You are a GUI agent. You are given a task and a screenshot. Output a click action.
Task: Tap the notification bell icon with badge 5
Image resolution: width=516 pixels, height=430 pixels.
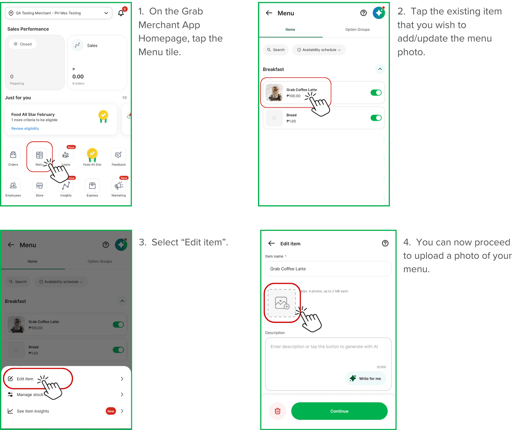tap(121, 13)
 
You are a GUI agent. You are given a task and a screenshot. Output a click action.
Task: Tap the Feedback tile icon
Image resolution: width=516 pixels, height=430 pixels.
tap(119, 155)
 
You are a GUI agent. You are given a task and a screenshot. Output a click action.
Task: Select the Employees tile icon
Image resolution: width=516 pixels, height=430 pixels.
tap(13, 185)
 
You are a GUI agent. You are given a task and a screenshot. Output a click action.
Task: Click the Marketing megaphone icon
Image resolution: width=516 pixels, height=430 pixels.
tap(119, 185)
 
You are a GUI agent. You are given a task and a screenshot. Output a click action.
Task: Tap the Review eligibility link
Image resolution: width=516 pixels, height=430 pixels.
tap(25, 128)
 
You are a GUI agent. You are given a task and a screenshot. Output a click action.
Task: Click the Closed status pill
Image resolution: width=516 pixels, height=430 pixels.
tap(23, 44)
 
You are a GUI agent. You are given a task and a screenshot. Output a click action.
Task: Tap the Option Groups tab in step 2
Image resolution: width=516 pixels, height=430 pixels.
tap(357, 30)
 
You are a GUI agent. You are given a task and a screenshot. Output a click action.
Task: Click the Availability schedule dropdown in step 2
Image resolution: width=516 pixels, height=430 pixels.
tap(319, 50)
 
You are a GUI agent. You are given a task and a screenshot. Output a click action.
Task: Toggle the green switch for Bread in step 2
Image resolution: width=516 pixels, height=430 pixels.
tap(376, 118)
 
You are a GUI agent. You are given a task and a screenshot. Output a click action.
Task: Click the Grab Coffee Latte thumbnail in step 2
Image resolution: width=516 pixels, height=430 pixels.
tap(274, 92)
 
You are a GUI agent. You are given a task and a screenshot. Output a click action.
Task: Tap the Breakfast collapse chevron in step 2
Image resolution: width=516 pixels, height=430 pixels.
tap(380, 69)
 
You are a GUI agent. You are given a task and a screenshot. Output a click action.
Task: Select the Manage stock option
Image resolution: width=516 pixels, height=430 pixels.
tap(30, 395)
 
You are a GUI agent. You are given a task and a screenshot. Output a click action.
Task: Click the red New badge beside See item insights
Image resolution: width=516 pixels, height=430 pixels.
tap(111, 411)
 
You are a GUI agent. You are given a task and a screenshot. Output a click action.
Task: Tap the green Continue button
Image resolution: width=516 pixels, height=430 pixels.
tap(339, 411)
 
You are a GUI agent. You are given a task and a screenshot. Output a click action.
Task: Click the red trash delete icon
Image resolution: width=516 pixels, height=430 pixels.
tap(278, 411)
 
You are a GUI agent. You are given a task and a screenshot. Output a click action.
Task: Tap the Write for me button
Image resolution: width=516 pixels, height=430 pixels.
tap(365, 378)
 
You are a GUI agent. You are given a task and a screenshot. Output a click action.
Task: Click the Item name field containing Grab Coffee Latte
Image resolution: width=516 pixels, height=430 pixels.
tap(328, 269)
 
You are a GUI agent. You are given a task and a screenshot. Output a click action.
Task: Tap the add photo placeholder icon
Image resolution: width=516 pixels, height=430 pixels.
tap(282, 303)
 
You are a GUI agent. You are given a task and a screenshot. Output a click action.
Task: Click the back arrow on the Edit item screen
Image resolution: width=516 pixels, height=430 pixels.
tap(271, 243)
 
